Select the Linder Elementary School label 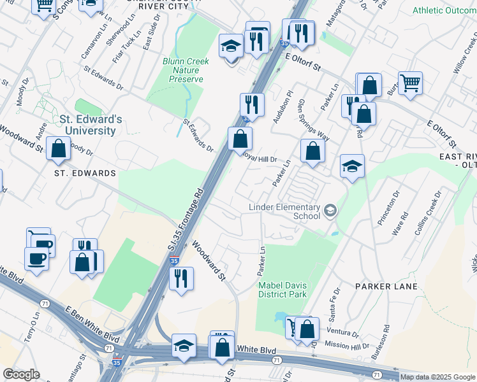(x=284, y=211)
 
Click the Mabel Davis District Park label (x=283, y=290)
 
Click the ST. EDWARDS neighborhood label (x=84, y=173)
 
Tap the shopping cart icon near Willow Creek (x=410, y=83)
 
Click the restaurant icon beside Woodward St (x=181, y=278)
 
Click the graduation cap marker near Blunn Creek (x=231, y=46)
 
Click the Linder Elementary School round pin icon (x=330, y=210)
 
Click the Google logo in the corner (x=21, y=374)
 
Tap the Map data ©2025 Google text (x=437, y=377)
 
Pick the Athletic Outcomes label (x=444, y=10)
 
